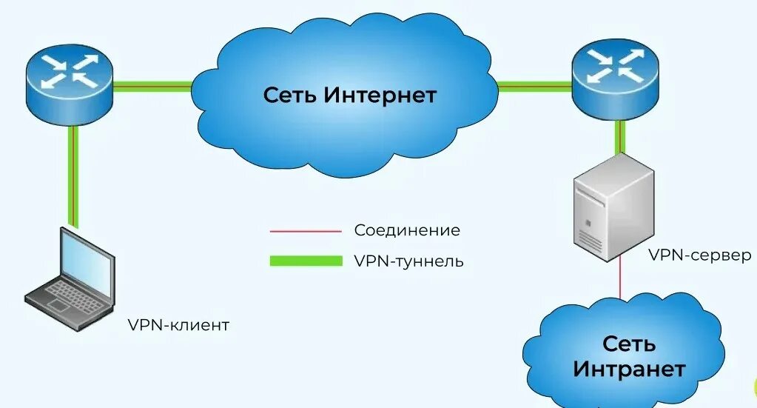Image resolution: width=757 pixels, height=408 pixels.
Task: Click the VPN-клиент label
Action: tap(178, 325)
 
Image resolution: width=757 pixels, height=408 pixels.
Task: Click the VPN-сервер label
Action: tap(699, 255)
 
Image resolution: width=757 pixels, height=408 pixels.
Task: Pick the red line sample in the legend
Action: tap(305, 231)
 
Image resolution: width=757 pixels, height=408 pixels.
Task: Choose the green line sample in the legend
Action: tap(305, 261)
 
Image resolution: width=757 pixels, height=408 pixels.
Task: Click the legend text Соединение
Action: tap(407, 230)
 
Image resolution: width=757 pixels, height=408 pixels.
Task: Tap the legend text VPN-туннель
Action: tap(409, 261)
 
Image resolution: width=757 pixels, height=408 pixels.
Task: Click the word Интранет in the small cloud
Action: tap(629, 368)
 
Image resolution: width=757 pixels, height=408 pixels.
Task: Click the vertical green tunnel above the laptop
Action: tap(73, 175)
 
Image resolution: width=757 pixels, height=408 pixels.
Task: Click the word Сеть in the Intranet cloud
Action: tap(629, 344)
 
